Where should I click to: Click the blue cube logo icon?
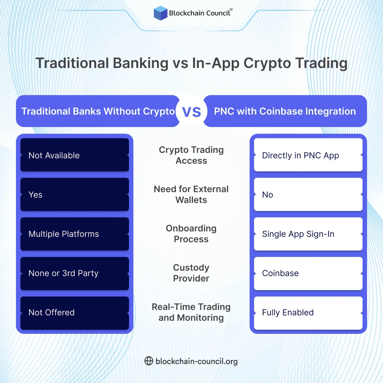161,13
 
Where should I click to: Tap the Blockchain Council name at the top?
199,13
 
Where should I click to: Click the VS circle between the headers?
191,111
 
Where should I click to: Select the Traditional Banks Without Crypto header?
98,111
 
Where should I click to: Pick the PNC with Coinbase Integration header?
285,111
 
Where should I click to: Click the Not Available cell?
75,155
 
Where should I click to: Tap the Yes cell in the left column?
75,195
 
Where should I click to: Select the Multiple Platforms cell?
75,234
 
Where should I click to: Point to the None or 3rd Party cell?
75,274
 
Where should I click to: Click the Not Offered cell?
75,313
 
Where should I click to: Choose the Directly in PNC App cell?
308,155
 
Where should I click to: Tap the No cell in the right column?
308,195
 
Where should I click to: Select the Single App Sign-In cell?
308,234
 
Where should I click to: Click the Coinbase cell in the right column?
308,274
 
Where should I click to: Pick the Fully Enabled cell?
308,313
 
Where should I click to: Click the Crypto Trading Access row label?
191,155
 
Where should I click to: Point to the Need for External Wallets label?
191,194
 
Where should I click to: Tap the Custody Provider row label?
191,273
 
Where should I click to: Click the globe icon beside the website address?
149,361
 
